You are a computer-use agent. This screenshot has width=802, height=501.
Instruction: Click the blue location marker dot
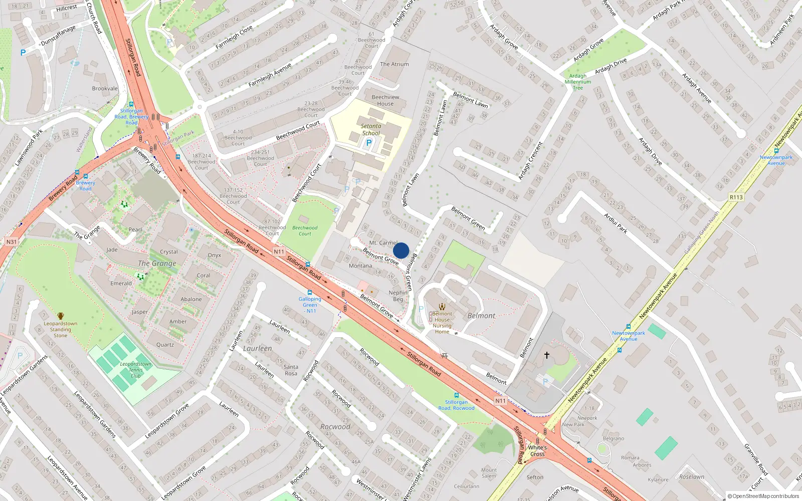[401, 250]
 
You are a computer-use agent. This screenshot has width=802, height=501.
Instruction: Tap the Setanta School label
[371, 130]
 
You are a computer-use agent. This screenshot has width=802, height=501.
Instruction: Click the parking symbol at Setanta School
[369, 143]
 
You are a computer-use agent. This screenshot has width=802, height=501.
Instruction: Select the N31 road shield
[12, 241]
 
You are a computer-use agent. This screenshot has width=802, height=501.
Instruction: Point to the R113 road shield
[736, 197]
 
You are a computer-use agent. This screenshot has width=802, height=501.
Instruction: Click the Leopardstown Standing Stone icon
[61, 316]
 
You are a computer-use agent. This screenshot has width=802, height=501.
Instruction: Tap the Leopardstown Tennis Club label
[135, 370]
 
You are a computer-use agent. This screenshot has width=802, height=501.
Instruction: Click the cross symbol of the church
[547, 355]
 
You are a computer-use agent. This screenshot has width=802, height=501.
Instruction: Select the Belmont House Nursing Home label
[442, 323]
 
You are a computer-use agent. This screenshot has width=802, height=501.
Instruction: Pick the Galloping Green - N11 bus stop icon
[310, 293]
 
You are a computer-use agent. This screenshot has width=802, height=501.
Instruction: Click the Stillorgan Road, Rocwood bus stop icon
[456, 395]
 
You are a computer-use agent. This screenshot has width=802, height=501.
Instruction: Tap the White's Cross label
[537, 451]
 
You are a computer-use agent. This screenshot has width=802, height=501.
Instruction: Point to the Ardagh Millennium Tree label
[578, 82]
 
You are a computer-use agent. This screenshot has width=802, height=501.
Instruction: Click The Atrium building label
[394, 64]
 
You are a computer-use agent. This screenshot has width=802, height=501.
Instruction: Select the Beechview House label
[385, 100]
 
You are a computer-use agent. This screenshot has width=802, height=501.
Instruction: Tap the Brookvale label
[105, 89]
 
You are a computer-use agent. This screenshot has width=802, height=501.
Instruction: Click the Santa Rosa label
[291, 370]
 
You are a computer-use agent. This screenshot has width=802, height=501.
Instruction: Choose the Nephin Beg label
[398, 296]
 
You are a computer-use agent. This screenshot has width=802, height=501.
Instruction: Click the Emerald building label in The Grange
[121, 284]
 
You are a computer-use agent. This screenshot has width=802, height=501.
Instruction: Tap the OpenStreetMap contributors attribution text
[763, 496]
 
